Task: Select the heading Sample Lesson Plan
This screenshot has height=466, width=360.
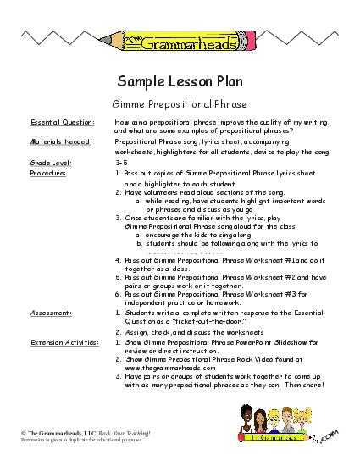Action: coord(180,82)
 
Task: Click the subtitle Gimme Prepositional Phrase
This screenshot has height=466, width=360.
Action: coord(180,103)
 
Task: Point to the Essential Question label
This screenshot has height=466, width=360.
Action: coord(57,122)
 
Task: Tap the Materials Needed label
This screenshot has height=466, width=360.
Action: coord(56,141)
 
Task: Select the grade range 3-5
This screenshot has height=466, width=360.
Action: coord(119,161)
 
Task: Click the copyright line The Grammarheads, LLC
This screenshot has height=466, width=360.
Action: coord(64,433)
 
